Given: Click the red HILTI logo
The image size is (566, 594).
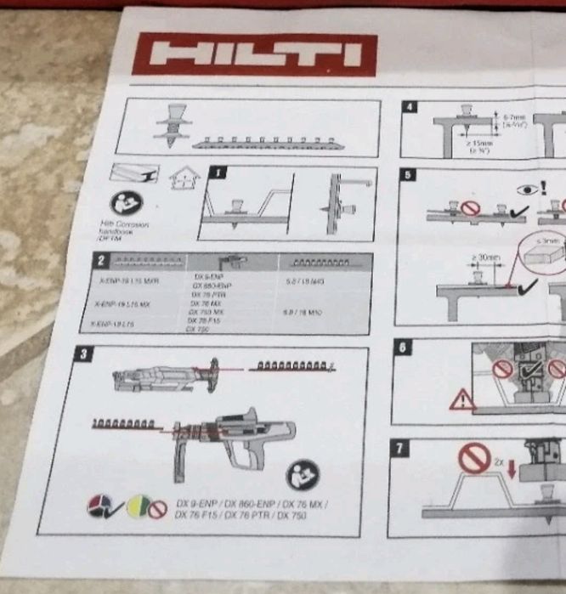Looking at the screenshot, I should tap(254, 54).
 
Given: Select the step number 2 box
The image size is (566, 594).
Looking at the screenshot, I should tap(101, 260).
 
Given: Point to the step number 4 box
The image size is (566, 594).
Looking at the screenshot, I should tap(410, 107).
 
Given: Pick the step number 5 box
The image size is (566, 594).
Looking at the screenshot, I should tap(409, 175).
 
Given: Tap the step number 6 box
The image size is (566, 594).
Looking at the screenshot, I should tap(404, 348).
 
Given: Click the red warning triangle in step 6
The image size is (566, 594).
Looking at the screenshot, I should tap(462, 399).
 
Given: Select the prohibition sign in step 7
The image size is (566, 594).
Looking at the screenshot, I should tap(473, 459).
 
